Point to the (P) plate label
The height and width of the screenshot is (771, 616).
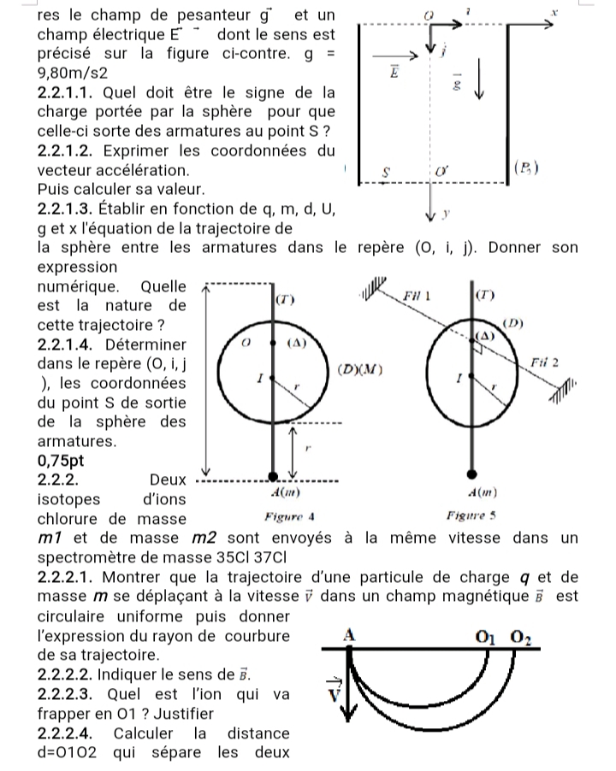coord(524,168)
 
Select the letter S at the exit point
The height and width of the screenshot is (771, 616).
coord(386,171)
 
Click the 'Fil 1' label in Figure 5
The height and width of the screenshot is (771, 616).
coord(417,295)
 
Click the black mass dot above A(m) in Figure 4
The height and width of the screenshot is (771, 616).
coord(273,475)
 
